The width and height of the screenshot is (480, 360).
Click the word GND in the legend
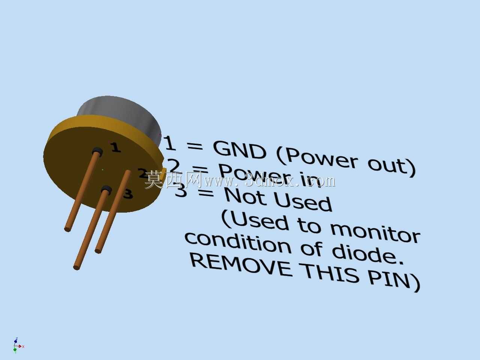[x=239, y=150]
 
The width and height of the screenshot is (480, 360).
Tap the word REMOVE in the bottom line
[x=241, y=266]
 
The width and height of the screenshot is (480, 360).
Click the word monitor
[x=375, y=234]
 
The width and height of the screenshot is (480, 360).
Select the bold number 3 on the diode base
[x=128, y=193]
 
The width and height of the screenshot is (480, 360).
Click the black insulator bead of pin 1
[x=97, y=151]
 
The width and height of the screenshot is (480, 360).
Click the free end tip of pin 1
[x=67, y=229]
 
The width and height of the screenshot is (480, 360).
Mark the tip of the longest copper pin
[x=76, y=267]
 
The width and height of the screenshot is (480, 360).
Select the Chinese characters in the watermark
[x=173, y=180]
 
